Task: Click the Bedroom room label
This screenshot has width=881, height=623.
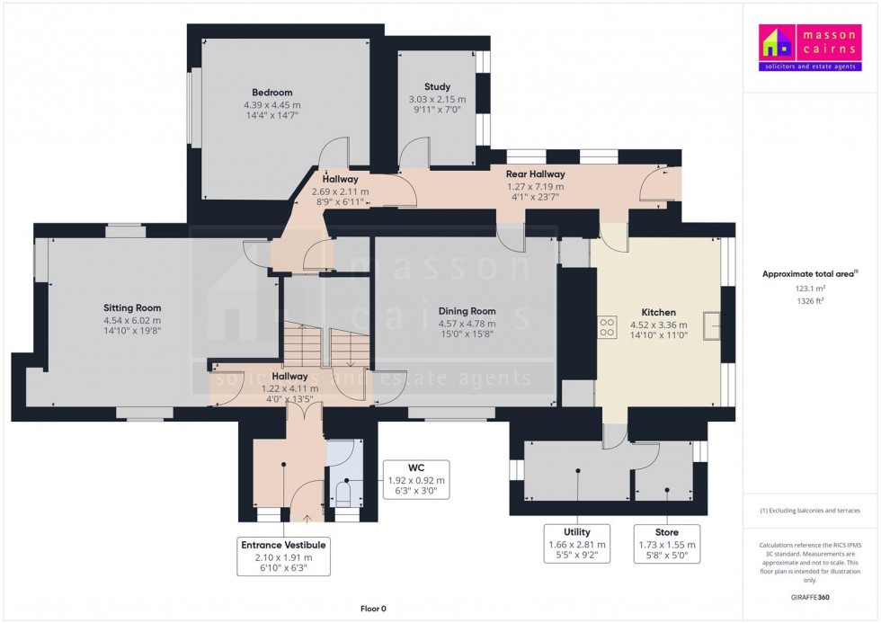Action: (x=271, y=93)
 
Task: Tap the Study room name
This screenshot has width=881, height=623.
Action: (x=437, y=86)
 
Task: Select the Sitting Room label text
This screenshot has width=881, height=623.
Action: (x=132, y=307)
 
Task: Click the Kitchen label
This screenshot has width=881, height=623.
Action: (x=658, y=313)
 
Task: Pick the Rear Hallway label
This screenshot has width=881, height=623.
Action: (x=535, y=174)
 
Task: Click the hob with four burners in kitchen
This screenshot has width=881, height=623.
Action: (x=607, y=327)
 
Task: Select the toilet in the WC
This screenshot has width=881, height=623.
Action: (x=343, y=493)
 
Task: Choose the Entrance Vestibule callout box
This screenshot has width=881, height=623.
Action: (x=283, y=556)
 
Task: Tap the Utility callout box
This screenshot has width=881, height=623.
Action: (x=576, y=544)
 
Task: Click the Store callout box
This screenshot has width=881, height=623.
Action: (x=667, y=544)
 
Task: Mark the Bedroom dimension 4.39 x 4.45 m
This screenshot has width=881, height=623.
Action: (x=271, y=104)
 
